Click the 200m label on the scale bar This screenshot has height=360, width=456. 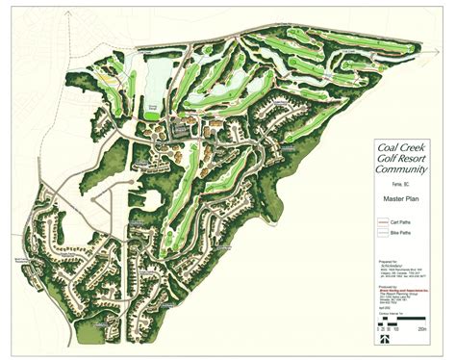point(420,329)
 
